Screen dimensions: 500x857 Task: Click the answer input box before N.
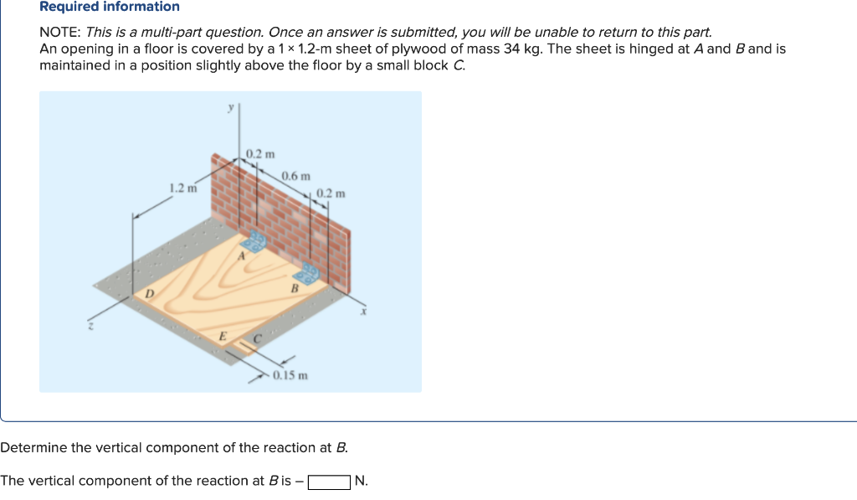tap(329, 482)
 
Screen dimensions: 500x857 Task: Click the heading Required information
tap(110, 7)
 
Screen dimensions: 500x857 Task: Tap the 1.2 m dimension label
tap(182, 188)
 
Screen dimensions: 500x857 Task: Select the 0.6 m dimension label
tap(295, 176)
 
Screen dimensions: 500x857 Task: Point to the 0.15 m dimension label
tap(290, 375)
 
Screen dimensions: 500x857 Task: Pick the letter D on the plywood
tap(149, 292)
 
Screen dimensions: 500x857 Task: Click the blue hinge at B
tap(309, 274)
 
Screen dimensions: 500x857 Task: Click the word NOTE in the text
tap(59, 33)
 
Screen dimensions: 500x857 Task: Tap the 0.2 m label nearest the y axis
tap(260, 153)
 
